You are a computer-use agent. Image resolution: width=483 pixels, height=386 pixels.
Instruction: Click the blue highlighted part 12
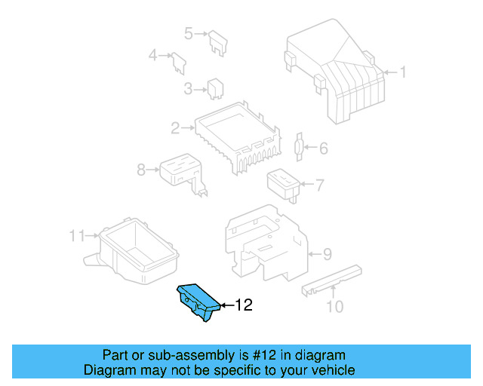pos(198,302)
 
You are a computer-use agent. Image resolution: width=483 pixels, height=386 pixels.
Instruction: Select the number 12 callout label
pos(242,305)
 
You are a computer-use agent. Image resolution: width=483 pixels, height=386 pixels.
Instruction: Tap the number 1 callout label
pos(402,73)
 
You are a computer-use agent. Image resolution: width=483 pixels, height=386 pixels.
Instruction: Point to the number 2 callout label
pos(175,128)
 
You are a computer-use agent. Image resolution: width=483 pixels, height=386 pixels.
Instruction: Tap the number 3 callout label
pos(188,90)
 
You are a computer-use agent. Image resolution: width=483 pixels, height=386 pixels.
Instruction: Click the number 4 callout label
pos(152,55)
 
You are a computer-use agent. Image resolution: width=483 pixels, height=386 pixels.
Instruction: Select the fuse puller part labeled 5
pos(220,42)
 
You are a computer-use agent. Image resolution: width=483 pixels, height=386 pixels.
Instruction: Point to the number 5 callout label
pos(189,32)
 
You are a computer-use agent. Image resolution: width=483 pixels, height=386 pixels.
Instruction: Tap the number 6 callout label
pos(324,149)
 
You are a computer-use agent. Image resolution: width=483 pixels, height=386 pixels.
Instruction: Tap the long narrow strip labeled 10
pos(331,279)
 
